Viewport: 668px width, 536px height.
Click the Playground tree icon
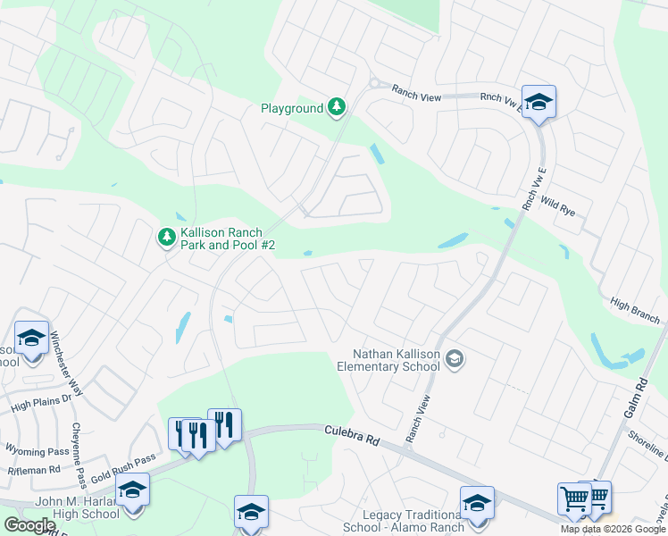point(336,108)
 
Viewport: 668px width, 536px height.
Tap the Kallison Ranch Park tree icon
point(166,238)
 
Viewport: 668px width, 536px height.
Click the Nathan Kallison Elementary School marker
point(454,359)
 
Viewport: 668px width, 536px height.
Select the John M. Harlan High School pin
point(132,491)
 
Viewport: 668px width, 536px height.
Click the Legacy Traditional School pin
point(477,504)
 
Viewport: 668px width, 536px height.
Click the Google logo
point(29,525)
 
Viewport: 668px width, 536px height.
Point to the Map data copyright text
point(614,529)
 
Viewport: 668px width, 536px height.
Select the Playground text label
point(291,109)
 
